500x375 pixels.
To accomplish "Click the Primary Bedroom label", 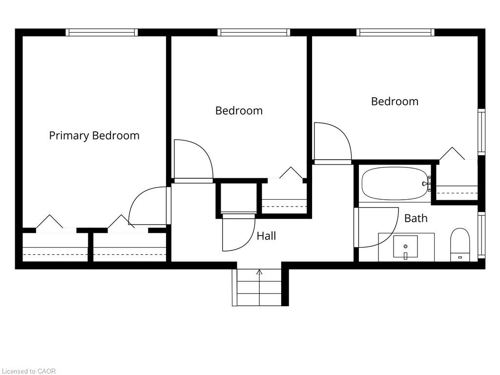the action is click(x=94, y=136).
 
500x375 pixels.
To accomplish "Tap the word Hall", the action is click(x=266, y=236).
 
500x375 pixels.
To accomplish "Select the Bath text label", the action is click(x=416, y=218).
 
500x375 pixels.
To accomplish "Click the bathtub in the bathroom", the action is click(x=395, y=184).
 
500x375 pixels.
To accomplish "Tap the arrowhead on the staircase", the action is click(x=259, y=272).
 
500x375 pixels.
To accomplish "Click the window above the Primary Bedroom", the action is click(x=102, y=32).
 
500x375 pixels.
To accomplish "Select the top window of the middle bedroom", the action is click(x=254, y=32).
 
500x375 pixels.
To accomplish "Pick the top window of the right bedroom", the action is click(x=396, y=32).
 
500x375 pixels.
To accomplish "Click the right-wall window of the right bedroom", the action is click(x=481, y=132).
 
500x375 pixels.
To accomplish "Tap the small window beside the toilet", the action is click(x=481, y=235).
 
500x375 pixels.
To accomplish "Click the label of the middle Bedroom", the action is click(x=239, y=111).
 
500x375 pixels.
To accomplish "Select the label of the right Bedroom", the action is click(x=395, y=102).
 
